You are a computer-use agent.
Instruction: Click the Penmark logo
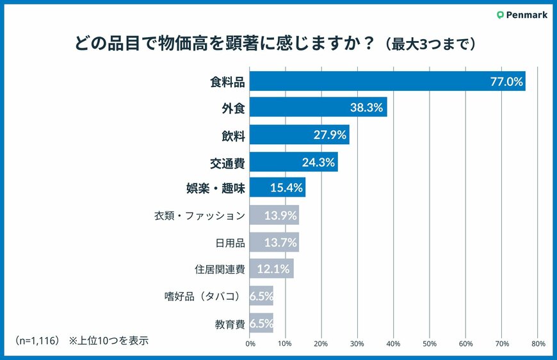pyautogui.click(x=522, y=15)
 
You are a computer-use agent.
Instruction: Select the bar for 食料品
pyautogui.click(x=387, y=81)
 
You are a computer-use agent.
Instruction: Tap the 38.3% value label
pyautogui.click(x=366, y=108)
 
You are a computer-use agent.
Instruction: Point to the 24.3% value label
pyautogui.click(x=318, y=162)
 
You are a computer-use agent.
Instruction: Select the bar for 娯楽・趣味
pyautogui.click(x=277, y=188)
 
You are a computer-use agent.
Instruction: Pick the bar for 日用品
pyautogui.click(x=273, y=242)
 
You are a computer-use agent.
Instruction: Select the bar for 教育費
pyautogui.click(x=261, y=323)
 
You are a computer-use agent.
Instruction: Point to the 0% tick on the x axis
pyautogui.click(x=250, y=344)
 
